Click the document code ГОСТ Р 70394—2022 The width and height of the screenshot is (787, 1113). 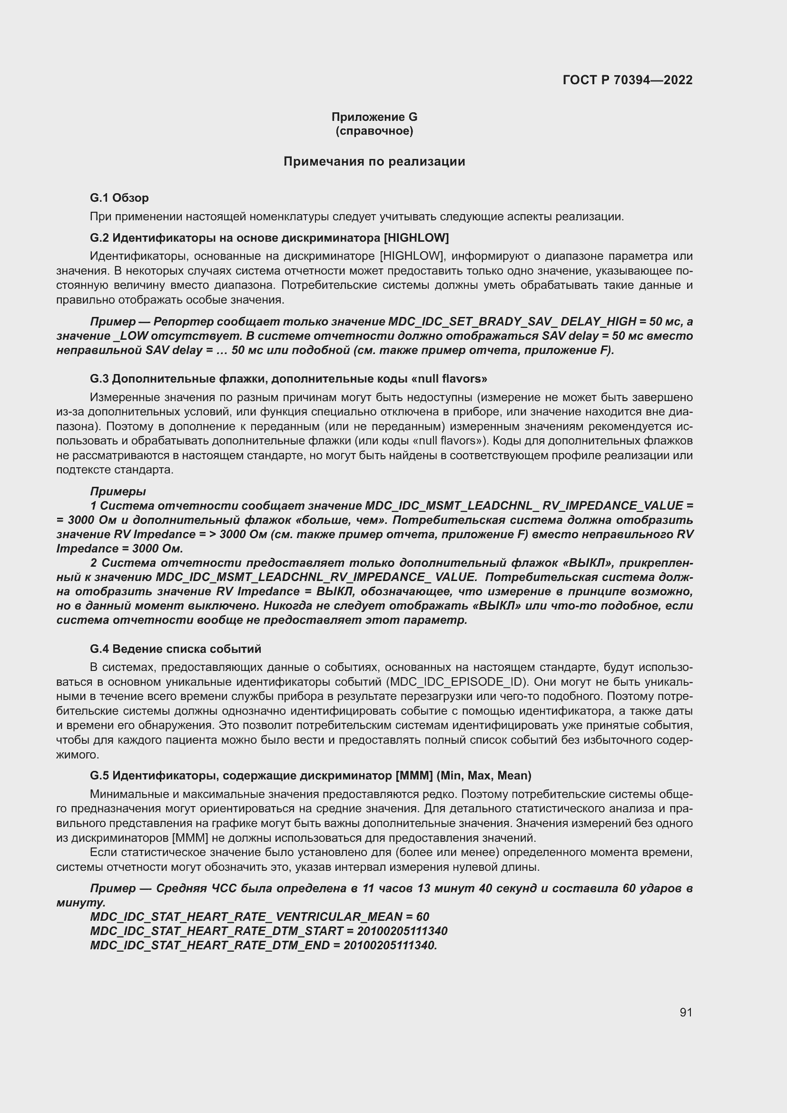[628, 80]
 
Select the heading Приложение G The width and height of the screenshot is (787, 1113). [374, 117]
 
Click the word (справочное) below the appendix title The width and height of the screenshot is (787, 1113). [374, 131]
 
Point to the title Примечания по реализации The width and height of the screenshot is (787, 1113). [374, 161]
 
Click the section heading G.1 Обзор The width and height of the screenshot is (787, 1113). [119, 198]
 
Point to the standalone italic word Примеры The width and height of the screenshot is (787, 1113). [118, 491]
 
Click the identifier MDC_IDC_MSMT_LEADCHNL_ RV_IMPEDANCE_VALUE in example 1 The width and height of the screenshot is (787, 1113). [524, 506]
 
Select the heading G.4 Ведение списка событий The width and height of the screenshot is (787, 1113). [176, 649]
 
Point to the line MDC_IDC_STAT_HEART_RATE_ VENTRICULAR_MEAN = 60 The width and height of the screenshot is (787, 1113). [260, 916]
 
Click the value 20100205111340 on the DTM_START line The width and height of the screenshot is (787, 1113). [402, 931]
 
